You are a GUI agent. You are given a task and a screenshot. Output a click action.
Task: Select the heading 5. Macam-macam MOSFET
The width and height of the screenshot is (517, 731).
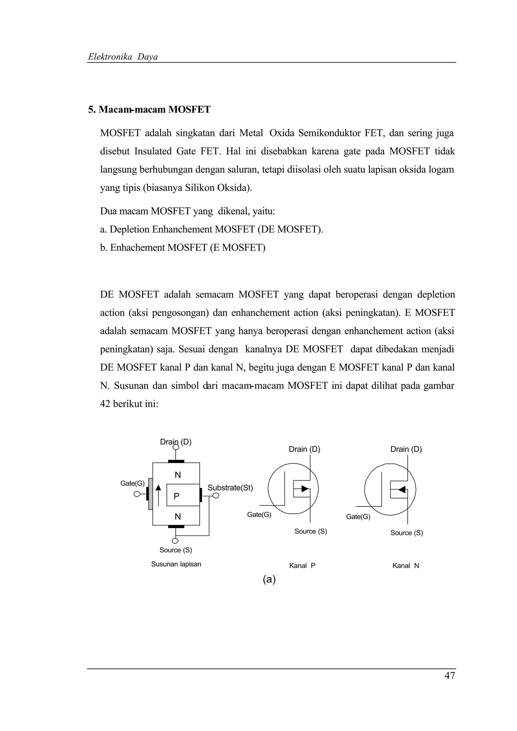[x=149, y=109]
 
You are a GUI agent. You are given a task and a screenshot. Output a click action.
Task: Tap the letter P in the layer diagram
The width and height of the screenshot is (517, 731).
[x=176, y=496]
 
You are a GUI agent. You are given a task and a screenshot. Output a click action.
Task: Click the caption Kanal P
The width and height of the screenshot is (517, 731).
[x=302, y=566]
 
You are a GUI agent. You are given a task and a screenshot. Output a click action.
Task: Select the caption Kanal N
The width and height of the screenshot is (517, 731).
[x=405, y=566]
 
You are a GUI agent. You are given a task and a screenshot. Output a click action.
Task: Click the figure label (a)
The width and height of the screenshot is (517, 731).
[x=269, y=579]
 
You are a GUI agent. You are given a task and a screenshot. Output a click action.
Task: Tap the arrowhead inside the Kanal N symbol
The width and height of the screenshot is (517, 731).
[x=402, y=489]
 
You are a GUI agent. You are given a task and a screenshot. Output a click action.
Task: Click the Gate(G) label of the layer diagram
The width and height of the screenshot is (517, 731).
[x=132, y=483]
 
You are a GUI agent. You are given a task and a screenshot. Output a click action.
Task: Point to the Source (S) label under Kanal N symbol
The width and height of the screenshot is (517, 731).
[x=406, y=533]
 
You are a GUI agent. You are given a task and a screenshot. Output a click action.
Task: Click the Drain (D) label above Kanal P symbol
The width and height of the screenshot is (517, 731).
[x=304, y=449]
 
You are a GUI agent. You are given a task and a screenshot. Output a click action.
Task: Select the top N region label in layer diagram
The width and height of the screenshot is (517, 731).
[x=177, y=475]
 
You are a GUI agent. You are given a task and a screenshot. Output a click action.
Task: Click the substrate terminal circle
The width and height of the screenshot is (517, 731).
[x=216, y=496]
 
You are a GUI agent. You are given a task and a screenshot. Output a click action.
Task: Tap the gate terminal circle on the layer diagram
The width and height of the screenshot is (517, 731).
[x=137, y=494]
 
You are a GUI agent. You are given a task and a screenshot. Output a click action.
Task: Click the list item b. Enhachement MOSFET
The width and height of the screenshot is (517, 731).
[x=183, y=247]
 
